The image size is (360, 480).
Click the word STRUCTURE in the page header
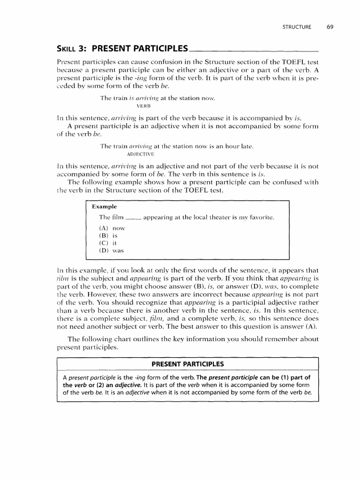coord(297,27)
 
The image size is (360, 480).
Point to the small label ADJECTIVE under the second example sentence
coord(140,154)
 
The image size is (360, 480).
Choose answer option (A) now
coord(112,227)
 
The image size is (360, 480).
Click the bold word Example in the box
coord(104,206)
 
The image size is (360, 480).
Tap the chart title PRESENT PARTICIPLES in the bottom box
coord(187,364)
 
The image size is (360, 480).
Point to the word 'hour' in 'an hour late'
coord(229,146)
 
